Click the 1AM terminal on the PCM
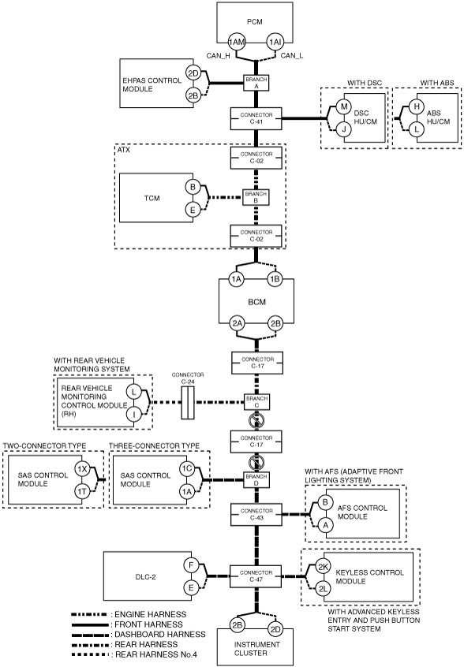pyautogui.click(x=237, y=42)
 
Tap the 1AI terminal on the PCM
pyautogui.click(x=275, y=42)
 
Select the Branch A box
pyautogui.click(x=256, y=83)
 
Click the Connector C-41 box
pyautogui.click(x=256, y=118)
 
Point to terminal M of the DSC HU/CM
pyautogui.click(x=344, y=106)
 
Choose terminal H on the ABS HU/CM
pyautogui.click(x=417, y=106)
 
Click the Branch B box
pyautogui.click(x=256, y=197)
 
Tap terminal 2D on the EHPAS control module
pyautogui.click(x=193, y=73)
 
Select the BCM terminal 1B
pyautogui.click(x=275, y=279)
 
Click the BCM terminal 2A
pyautogui.click(x=237, y=323)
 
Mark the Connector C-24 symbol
pyautogui.click(x=188, y=402)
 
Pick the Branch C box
pyautogui.click(x=256, y=402)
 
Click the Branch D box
pyautogui.click(x=256, y=480)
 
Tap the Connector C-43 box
pyautogui.click(x=256, y=514)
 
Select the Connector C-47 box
pyautogui.click(x=256, y=576)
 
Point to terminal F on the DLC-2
pyautogui.click(x=191, y=565)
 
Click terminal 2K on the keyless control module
pyautogui.click(x=324, y=567)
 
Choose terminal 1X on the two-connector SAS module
pyautogui.click(x=82, y=469)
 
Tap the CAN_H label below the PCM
pyautogui.click(x=219, y=56)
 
